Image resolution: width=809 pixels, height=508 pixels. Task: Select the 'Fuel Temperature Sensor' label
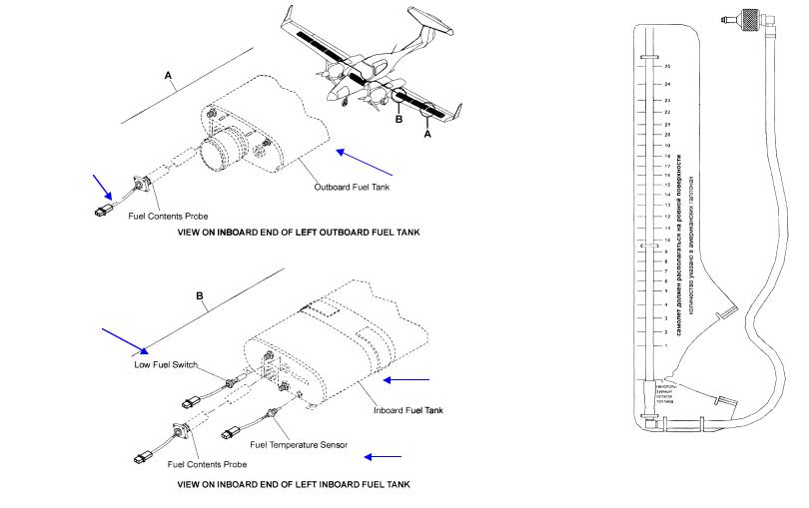click(x=300, y=445)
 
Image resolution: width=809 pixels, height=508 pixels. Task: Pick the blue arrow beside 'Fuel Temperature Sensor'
click(x=383, y=457)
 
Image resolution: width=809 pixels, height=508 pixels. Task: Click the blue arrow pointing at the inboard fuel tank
click(x=407, y=379)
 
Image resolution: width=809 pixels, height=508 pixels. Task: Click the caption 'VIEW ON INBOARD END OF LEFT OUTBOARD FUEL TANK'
click(x=298, y=232)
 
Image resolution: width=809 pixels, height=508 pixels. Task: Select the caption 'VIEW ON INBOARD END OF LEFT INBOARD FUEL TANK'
click(x=292, y=484)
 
